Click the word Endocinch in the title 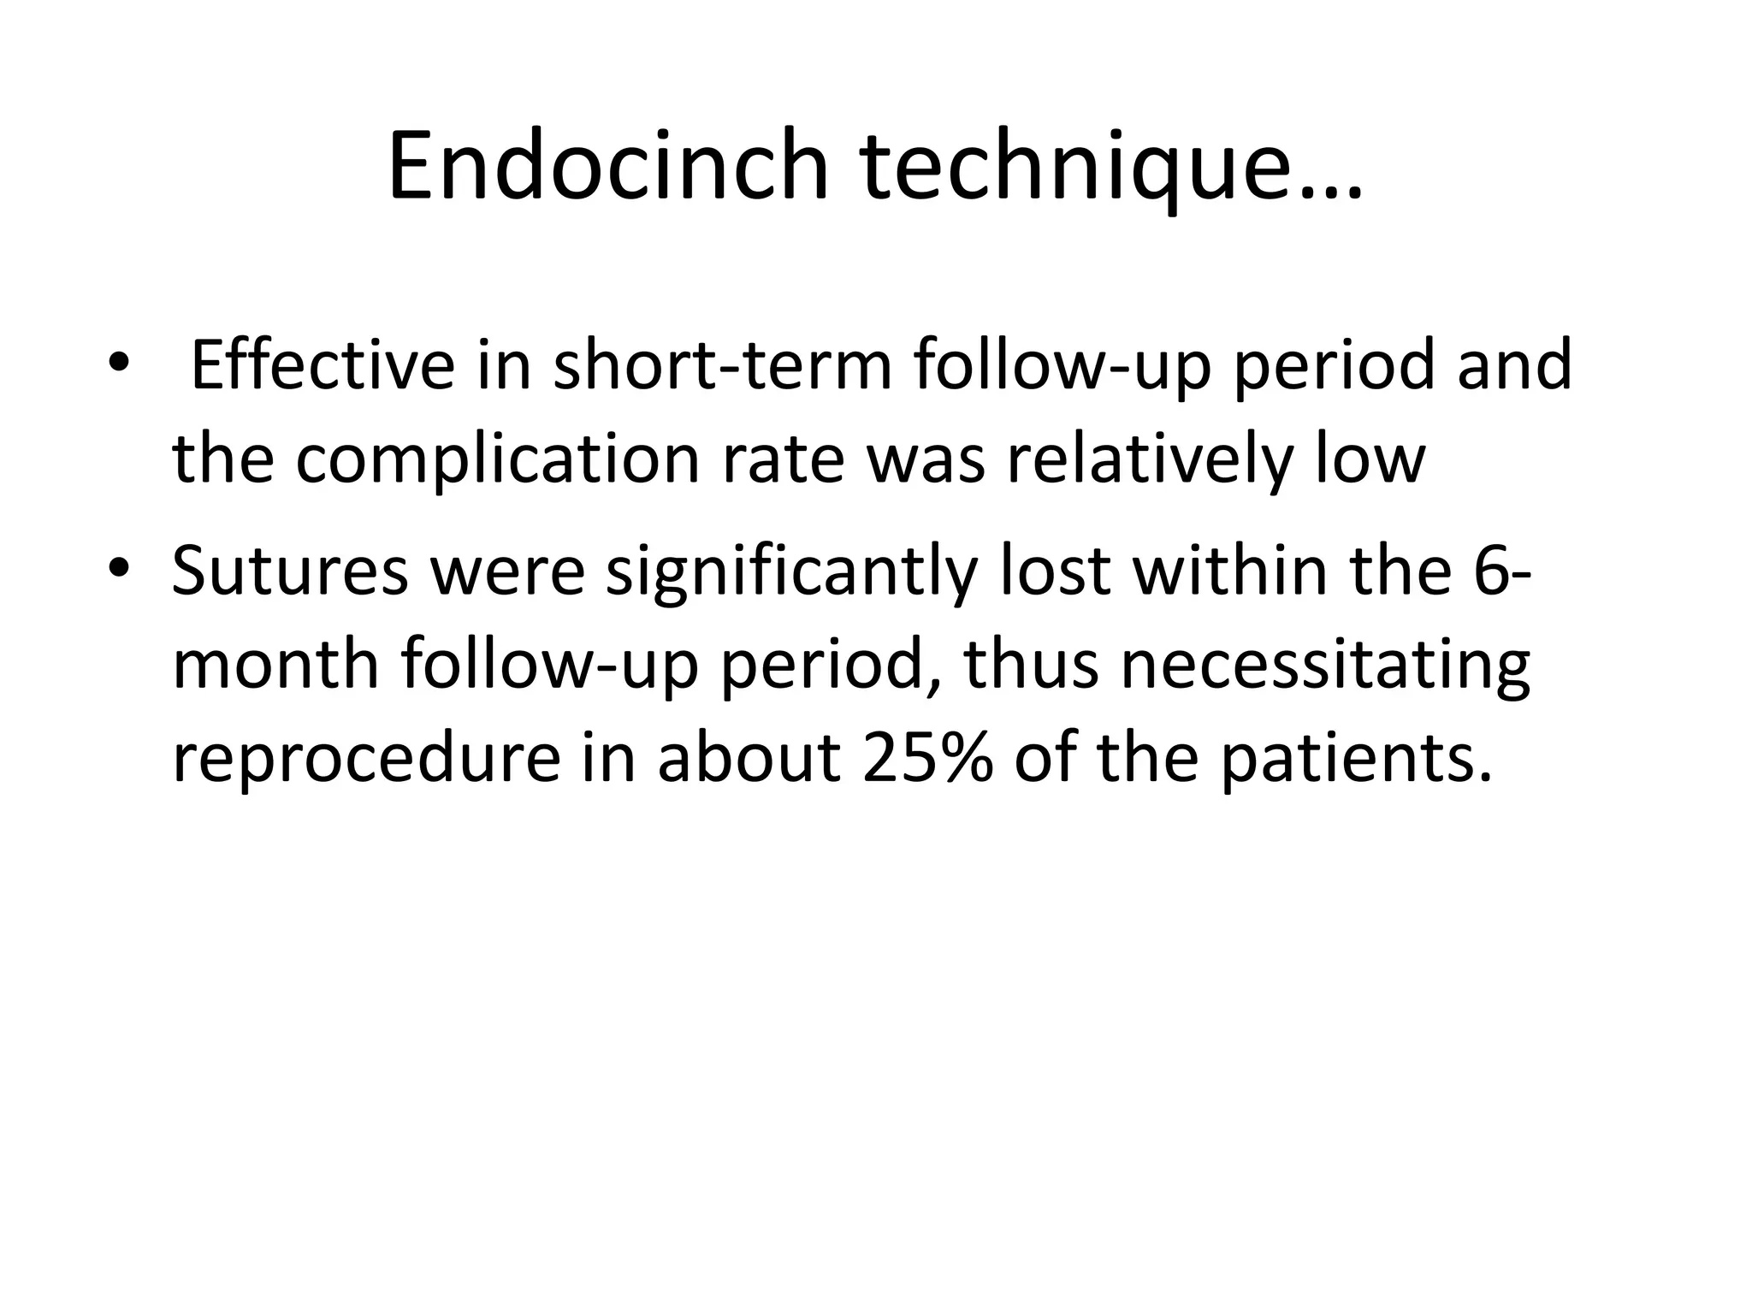[x=608, y=166]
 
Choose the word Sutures [x=290, y=571]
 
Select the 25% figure [x=928, y=759]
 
